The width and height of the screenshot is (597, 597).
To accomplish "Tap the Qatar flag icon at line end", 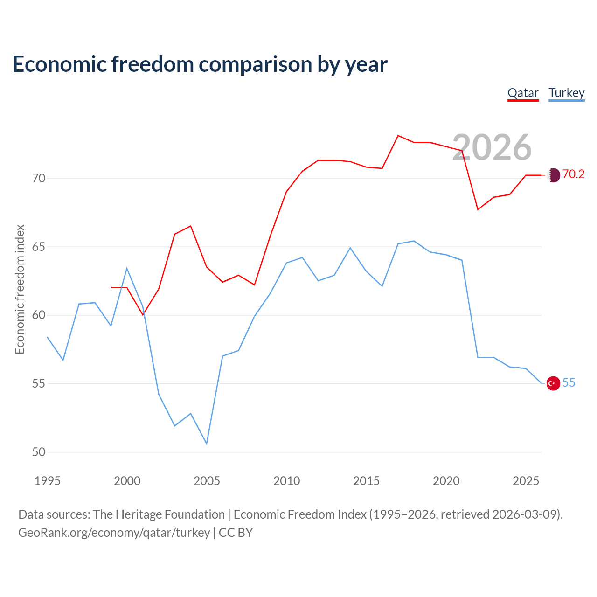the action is (x=554, y=175).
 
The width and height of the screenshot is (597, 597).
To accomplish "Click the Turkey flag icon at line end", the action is (x=553, y=383).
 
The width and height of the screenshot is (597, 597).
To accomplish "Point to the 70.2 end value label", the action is (x=573, y=174).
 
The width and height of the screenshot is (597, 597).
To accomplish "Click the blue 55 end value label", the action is (x=569, y=383).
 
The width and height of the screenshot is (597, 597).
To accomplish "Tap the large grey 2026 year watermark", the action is (x=492, y=147).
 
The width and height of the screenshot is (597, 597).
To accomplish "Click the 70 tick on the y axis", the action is (x=39, y=179).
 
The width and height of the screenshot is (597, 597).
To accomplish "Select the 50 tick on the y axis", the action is (x=39, y=452).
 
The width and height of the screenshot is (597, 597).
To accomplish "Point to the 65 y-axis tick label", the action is (x=39, y=247).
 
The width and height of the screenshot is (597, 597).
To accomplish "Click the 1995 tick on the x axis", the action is (x=48, y=481).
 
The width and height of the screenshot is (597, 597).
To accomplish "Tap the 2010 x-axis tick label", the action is (x=286, y=481).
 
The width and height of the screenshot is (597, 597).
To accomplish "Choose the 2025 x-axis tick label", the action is (x=526, y=481).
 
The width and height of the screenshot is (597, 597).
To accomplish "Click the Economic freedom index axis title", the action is (x=20, y=289).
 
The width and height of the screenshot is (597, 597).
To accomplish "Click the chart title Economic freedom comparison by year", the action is (x=200, y=64).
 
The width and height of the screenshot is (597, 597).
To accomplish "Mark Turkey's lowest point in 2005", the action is (x=207, y=444).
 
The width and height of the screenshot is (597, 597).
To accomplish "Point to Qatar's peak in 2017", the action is (x=398, y=136).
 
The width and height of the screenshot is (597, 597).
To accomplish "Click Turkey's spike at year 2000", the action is (x=127, y=268).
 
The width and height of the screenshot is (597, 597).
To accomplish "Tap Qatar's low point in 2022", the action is (x=478, y=209).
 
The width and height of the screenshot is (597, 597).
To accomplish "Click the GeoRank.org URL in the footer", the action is (x=114, y=533).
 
